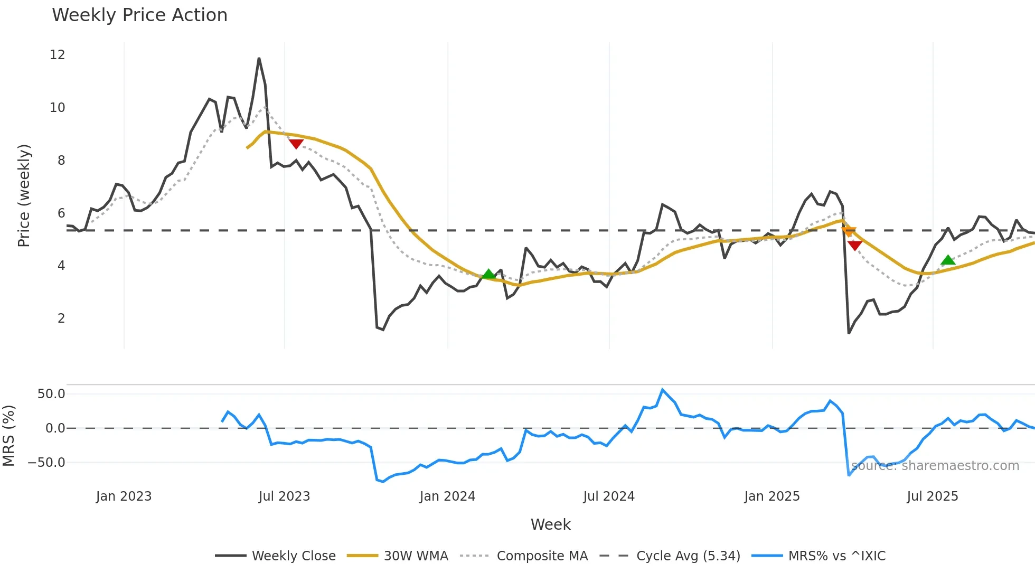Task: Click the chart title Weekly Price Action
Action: (139, 15)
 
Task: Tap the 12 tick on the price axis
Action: (58, 55)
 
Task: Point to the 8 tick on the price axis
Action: (61, 161)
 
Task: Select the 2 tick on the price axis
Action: (61, 318)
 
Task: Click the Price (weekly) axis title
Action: (24, 195)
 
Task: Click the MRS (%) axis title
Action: (9, 436)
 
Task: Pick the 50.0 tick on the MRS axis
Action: (51, 394)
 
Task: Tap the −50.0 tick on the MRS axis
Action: (46, 463)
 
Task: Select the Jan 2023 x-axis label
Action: (124, 496)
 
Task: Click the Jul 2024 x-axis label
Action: (609, 496)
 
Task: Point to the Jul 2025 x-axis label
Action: (933, 496)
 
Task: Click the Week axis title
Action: (550, 524)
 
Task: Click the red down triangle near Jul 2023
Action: (296, 144)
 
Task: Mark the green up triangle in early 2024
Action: (489, 274)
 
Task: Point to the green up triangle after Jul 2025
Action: (948, 260)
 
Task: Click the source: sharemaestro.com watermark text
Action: (935, 466)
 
